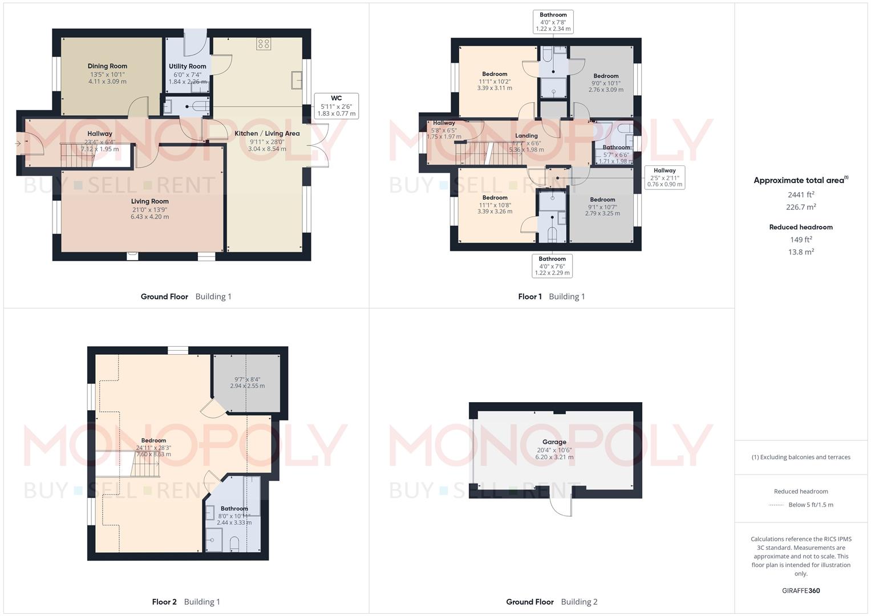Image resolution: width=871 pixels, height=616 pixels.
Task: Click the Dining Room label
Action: tap(107, 66)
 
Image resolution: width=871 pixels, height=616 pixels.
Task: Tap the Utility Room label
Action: tap(187, 66)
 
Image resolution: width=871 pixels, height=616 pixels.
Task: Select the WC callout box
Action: tap(336, 106)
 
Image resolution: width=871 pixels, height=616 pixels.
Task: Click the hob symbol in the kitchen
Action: tap(263, 44)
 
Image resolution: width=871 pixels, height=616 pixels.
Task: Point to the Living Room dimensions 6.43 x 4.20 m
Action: tap(149, 217)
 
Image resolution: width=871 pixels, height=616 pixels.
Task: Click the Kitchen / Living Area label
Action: tap(267, 133)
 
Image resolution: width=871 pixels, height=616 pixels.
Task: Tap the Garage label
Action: tap(554, 442)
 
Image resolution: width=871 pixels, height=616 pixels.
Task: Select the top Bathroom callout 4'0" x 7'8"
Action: tap(553, 22)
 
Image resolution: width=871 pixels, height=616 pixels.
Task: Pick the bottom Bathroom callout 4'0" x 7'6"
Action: tap(552, 266)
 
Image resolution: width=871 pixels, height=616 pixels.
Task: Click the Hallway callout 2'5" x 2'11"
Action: tap(664, 177)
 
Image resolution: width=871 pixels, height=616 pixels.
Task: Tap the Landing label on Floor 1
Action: tap(526, 136)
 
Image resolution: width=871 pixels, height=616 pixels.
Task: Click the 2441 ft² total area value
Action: tap(800, 194)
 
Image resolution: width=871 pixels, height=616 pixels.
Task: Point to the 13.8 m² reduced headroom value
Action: tap(800, 252)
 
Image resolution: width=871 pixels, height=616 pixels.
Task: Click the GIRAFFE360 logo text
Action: tap(800, 590)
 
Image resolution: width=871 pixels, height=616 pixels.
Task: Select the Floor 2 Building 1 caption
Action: tap(186, 602)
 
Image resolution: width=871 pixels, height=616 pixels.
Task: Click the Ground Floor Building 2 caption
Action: tap(552, 602)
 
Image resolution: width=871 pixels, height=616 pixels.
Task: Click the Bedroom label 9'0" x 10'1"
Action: tap(605, 76)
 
